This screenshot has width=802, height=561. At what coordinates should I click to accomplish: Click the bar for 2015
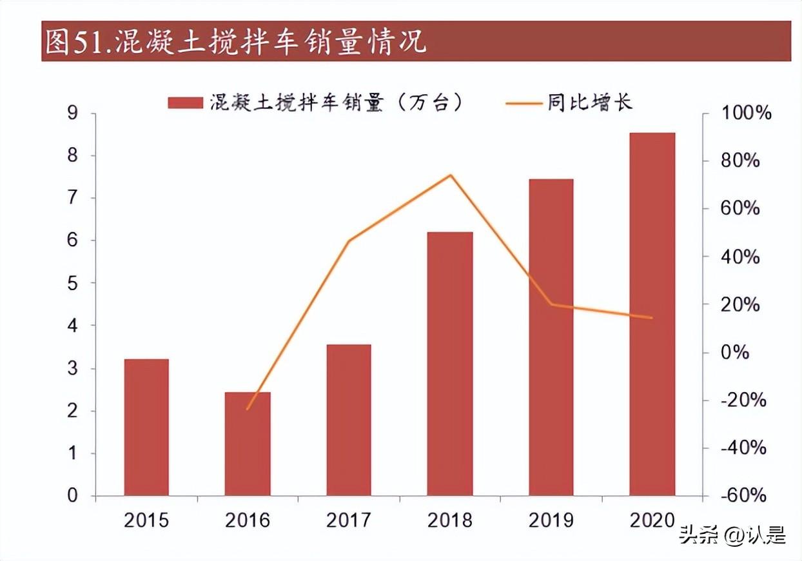[x=146, y=427]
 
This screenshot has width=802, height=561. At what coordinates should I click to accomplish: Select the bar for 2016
[x=248, y=444]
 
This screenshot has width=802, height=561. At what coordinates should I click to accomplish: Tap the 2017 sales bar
[x=349, y=420]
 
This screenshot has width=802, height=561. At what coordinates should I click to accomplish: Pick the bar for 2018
[x=450, y=364]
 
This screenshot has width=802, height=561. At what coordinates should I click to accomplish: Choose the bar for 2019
[x=551, y=337]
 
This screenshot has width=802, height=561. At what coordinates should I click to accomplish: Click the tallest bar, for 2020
[x=652, y=314]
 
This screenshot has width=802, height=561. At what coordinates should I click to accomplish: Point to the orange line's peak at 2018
[x=451, y=175]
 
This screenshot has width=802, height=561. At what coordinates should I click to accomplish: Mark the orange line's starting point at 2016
[x=248, y=409]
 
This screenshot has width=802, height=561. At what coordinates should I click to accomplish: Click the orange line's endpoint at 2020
[x=652, y=317]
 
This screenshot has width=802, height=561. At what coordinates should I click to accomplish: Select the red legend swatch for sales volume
[x=186, y=103]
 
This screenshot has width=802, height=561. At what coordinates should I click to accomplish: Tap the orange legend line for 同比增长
[x=523, y=103]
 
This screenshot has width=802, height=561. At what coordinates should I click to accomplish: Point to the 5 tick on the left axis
[x=72, y=284]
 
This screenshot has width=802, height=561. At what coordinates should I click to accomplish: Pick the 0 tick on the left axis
[x=72, y=495]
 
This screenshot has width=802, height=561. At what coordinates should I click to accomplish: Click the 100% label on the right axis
[x=747, y=113]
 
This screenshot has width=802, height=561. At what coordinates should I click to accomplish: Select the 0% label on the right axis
[x=735, y=352]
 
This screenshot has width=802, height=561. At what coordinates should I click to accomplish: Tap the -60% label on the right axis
[x=743, y=495]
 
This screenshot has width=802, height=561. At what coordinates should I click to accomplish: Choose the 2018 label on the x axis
[x=450, y=520]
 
